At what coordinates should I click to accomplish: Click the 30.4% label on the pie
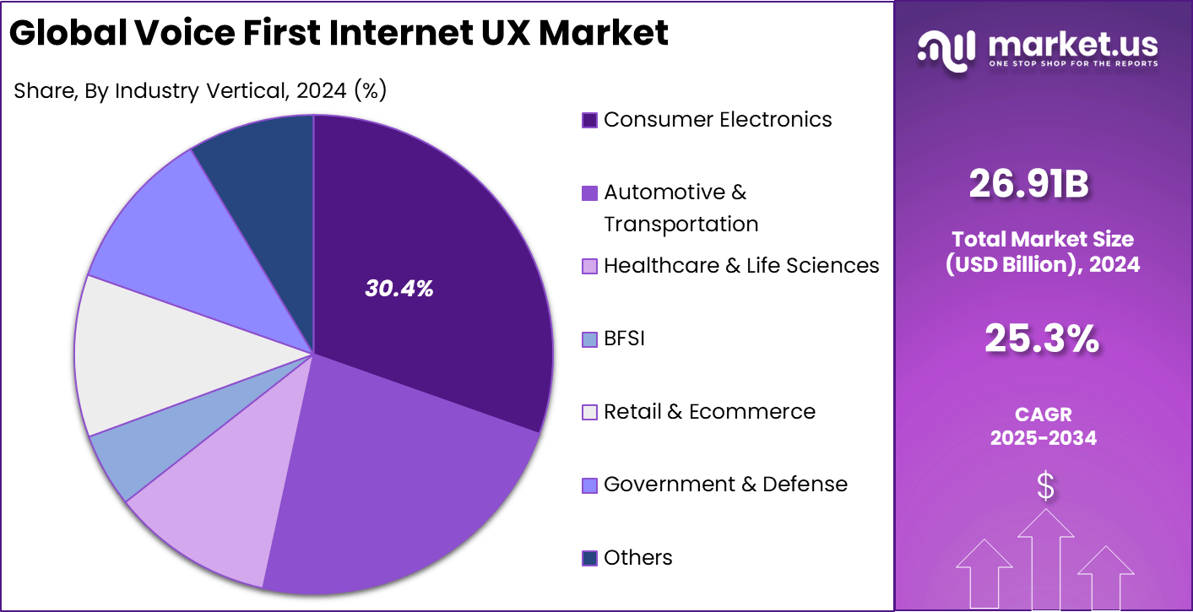[x=399, y=289]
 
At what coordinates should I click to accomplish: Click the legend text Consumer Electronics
[x=718, y=120]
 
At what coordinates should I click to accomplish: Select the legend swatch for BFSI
[x=590, y=339]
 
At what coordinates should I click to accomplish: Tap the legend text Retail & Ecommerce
[x=709, y=412]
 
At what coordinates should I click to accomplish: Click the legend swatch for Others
[x=590, y=558]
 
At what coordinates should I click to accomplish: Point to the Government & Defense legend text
[x=725, y=485]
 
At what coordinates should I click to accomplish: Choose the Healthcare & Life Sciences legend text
[x=741, y=266]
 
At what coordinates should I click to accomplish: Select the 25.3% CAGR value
[x=1042, y=338]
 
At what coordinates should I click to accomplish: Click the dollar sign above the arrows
[x=1045, y=487]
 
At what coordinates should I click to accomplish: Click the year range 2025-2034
[x=1043, y=438]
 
